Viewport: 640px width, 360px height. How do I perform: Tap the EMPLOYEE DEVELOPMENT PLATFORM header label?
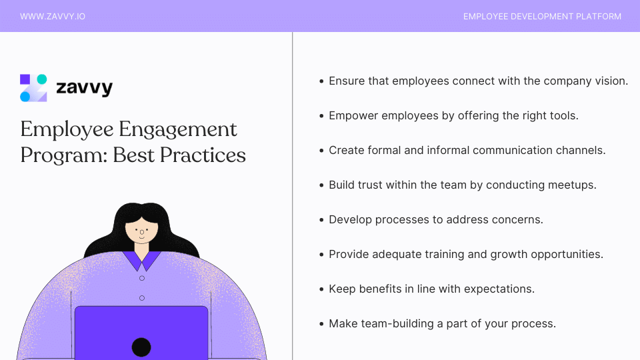pyautogui.click(x=542, y=16)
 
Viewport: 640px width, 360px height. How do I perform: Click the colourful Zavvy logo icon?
pyautogui.click(x=33, y=88)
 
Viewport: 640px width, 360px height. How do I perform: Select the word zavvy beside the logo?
pyautogui.click(x=84, y=88)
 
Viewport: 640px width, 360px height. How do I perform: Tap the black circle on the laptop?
pyautogui.click(x=141, y=347)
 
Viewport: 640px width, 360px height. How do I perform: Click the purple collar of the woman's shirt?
pyautogui.click(x=141, y=259)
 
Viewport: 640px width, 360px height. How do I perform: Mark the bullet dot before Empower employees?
pyautogui.click(x=321, y=116)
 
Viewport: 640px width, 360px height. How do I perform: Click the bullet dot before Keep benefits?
pyautogui.click(x=321, y=289)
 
